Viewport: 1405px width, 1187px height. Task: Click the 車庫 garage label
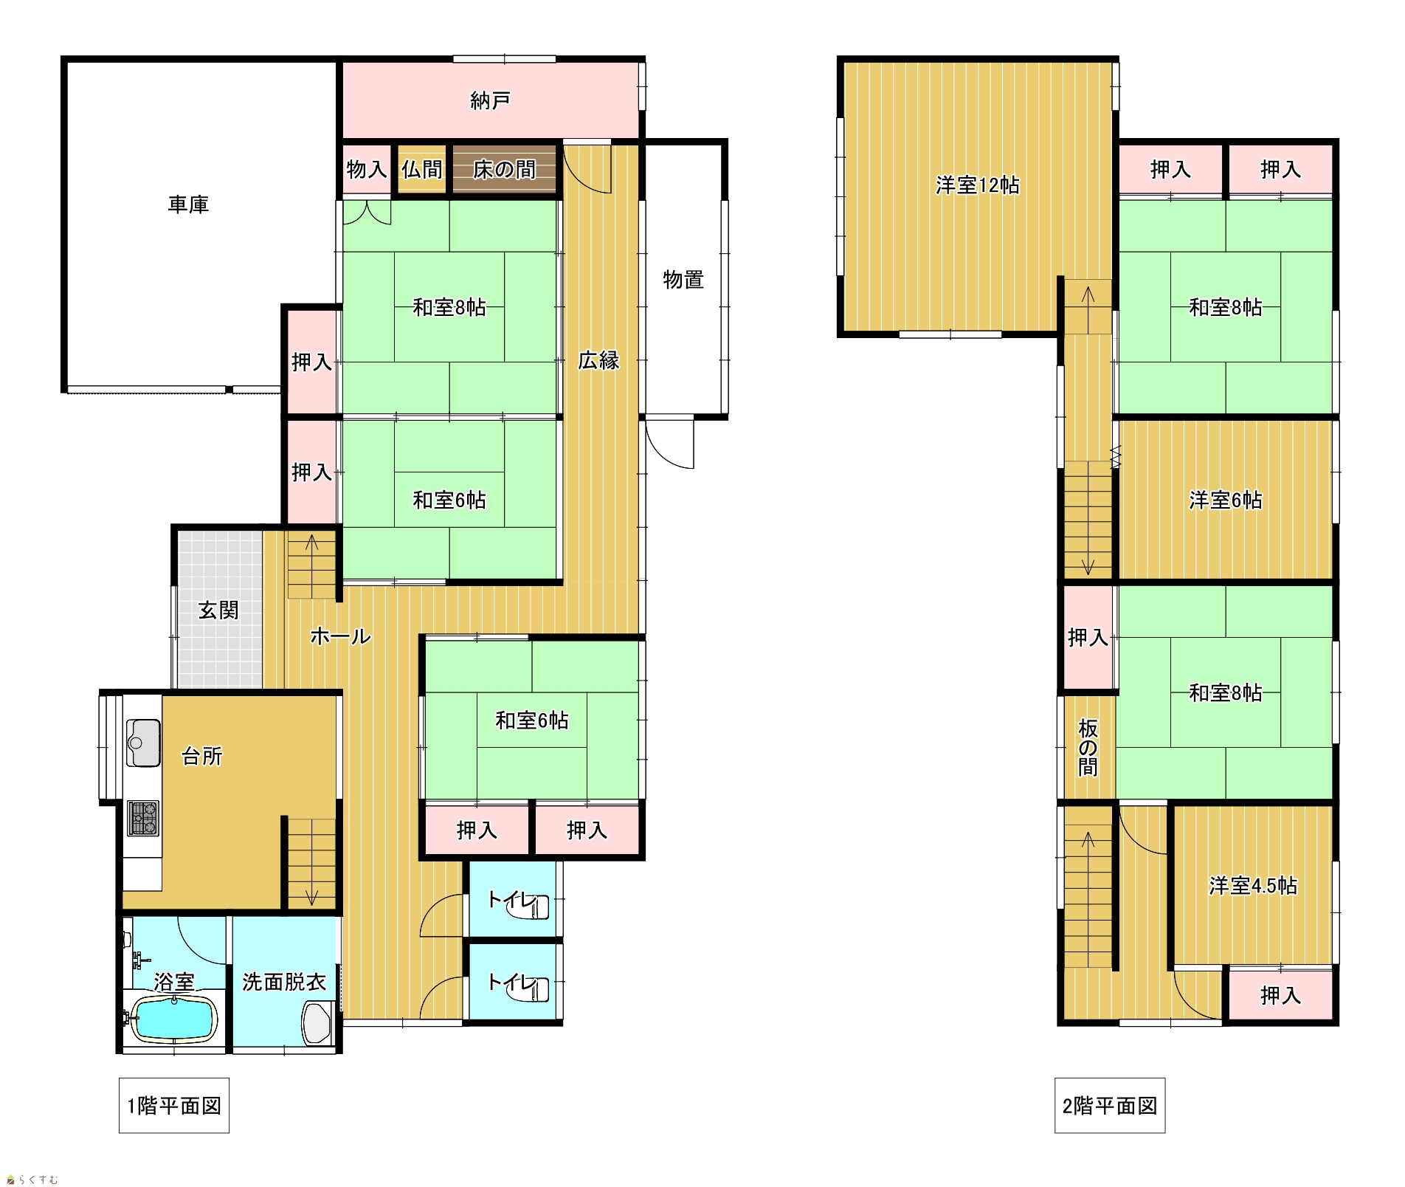click(x=188, y=204)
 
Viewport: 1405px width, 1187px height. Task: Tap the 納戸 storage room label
click(x=490, y=100)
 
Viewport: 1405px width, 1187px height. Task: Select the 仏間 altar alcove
click(x=422, y=170)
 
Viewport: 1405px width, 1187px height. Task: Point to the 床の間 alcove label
click(x=504, y=170)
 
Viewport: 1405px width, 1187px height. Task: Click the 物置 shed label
click(x=683, y=280)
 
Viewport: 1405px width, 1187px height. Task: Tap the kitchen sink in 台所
click(x=143, y=743)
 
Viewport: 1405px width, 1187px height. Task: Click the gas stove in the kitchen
click(x=143, y=819)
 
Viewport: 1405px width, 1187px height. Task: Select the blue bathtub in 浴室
click(x=174, y=1018)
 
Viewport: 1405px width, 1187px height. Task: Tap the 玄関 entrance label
click(x=218, y=610)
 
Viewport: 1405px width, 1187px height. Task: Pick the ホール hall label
click(x=340, y=636)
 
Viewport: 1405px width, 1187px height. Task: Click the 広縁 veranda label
click(x=598, y=360)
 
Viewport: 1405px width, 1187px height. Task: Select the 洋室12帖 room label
click(x=978, y=185)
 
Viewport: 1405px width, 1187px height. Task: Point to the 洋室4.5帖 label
click(x=1253, y=886)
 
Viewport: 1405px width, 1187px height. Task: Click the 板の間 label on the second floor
click(x=1088, y=748)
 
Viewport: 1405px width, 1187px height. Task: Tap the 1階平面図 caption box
click(x=174, y=1106)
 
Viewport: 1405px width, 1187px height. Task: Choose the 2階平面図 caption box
click(x=1110, y=1106)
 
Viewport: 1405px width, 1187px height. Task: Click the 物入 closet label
click(x=367, y=170)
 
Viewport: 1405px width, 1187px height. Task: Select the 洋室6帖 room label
click(x=1226, y=500)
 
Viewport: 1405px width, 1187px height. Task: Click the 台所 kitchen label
click(x=201, y=757)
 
